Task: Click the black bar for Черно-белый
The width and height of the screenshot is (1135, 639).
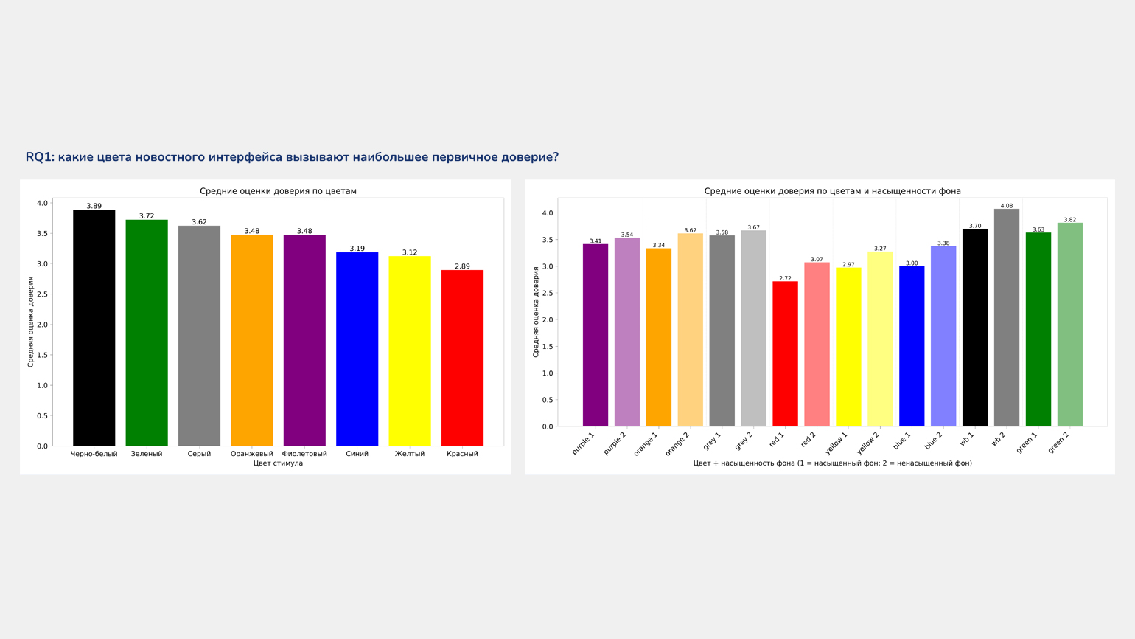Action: coord(94,328)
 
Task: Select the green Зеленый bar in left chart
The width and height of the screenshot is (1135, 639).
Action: coord(147,333)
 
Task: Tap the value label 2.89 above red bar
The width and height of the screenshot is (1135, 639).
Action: coord(462,266)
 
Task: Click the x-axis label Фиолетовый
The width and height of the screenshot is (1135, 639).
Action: coord(304,454)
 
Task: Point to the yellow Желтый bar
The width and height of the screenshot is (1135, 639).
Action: coord(410,351)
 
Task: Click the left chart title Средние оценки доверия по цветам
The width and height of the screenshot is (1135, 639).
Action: coord(278,191)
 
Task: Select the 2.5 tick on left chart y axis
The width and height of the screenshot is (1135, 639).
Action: coord(42,294)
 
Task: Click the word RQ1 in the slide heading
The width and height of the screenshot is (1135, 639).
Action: coord(40,157)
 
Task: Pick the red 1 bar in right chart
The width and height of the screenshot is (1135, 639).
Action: coord(785,354)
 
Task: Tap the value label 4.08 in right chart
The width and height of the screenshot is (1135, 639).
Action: coord(1006,206)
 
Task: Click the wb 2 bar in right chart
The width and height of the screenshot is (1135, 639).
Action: coord(1006,318)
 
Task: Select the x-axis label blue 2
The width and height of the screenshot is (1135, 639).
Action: coord(933,441)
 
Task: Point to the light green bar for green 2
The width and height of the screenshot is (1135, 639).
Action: coord(1069,325)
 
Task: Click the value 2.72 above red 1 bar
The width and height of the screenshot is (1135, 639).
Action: coord(785,278)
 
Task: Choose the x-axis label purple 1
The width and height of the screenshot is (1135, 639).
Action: coord(583,443)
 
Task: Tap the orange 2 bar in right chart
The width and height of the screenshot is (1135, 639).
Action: coord(690,331)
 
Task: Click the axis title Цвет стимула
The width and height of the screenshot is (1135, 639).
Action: coord(278,463)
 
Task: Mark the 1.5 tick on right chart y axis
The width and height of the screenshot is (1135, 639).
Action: coord(547,347)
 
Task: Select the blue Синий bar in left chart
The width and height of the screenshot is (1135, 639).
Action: coord(357,349)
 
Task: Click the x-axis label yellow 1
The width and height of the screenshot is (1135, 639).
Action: coord(837,443)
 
